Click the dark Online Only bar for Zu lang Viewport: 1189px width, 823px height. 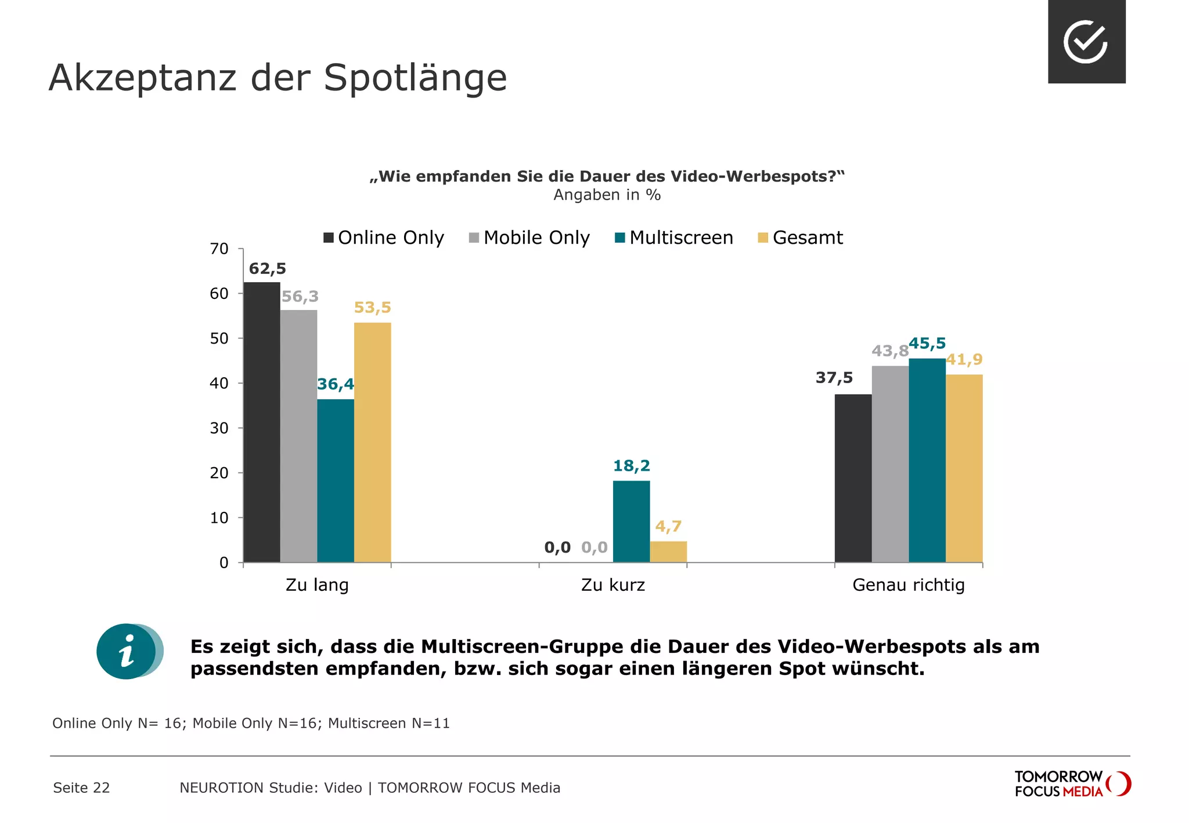tap(262, 422)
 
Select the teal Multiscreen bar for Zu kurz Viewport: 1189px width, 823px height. tap(631, 521)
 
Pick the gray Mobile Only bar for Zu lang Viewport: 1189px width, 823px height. tap(298, 436)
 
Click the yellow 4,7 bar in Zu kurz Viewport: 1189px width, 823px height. tap(668, 551)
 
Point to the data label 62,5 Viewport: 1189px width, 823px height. tap(267, 269)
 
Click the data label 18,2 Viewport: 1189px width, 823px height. tap(631, 466)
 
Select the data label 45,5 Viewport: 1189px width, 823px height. tap(927, 344)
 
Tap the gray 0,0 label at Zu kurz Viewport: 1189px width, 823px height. tap(594, 547)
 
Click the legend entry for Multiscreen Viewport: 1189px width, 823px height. tap(674, 238)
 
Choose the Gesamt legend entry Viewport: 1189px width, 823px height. tap(801, 238)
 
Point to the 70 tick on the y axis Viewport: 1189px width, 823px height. tap(219, 249)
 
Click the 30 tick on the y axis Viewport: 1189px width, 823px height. tap(219, 428)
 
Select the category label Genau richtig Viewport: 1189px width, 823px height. tap(908, 584)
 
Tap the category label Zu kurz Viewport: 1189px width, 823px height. tap(612, 584)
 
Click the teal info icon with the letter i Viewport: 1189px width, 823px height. tap(128, 651)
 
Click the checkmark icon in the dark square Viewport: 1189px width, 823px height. tap(1086, 42)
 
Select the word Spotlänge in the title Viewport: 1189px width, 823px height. tap(415, 78)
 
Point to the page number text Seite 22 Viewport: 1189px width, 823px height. tap(81, 788)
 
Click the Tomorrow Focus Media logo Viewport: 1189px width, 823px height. tap(1072, 784)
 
